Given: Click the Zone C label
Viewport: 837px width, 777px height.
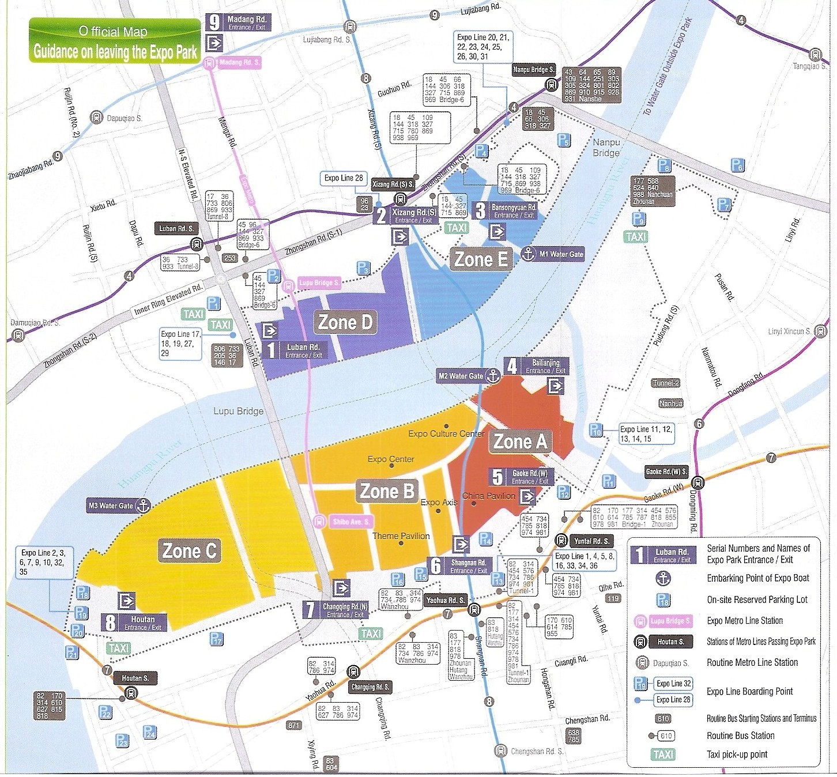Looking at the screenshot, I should click(189, 551).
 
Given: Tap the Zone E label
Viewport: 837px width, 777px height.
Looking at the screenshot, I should click(481, 259).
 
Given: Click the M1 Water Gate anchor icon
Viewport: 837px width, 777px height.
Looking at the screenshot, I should click(529, 254).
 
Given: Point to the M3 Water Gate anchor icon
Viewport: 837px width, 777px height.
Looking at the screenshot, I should click(142, 506).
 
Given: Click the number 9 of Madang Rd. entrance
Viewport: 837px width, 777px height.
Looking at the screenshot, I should click(214, 22).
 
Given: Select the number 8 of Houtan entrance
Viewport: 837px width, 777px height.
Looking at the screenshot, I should click(110, 623).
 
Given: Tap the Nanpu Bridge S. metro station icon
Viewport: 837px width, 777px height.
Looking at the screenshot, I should click(551, 85).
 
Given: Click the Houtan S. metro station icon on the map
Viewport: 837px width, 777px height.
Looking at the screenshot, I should click(131, 693).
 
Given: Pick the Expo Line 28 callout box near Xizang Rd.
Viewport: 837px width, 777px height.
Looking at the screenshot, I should click(344, 178).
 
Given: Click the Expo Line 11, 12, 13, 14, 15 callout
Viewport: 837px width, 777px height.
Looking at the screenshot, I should click(646, 434).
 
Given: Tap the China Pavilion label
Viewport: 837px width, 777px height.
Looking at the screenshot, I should click(488, 496).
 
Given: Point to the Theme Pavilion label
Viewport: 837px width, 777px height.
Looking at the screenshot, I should click(401, 536).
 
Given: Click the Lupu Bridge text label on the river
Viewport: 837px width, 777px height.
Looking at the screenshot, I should click(238, 411).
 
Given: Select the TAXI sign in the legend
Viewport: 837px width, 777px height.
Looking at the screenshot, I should click(663, 755).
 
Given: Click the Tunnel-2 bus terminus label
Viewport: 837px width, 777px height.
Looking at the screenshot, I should click(666, 383).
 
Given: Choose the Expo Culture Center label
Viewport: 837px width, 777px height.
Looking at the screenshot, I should click(446, 433).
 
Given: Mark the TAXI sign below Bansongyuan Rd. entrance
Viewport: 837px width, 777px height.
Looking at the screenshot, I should click(457, 228).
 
